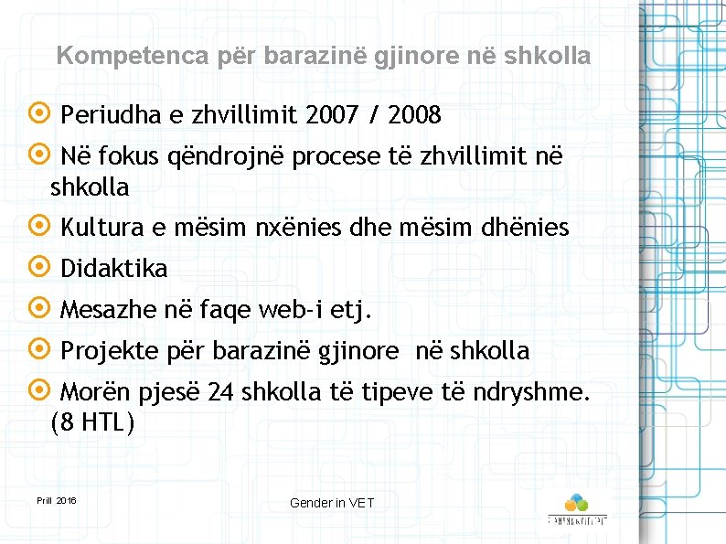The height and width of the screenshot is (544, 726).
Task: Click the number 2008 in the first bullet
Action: pyautogui.click(x=414, y=116)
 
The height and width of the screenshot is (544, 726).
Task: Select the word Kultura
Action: pyautogui.click(x=101, y=229)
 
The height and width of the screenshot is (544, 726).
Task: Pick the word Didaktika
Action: pyautogui.click(x=114, y=269)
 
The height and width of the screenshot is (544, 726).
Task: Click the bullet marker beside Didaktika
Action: pyautogui.click(x=39, y=267)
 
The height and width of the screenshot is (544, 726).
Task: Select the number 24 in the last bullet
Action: pyautogui.click(x=220, y=393)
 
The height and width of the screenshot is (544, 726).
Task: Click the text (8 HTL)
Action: pyautogui.click(x=92, y=423)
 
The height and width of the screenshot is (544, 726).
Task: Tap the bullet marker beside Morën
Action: pyautogui.click(x=39, y=391)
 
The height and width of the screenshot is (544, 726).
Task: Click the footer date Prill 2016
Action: pyautogui.click(x=57, y=501)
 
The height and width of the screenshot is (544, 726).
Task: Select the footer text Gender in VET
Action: pyautogui.click(x=332, y=503)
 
